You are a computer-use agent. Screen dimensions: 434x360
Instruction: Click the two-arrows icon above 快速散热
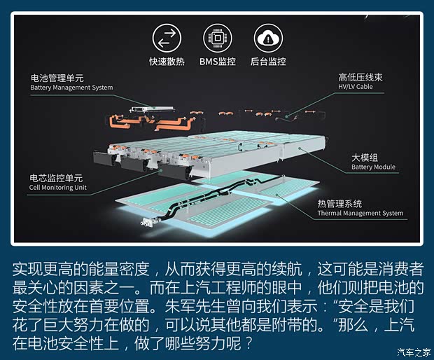click(167, 39)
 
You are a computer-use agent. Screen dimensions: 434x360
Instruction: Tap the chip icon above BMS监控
click(218, 39)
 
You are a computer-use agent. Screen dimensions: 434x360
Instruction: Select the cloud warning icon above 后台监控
click(268, 39)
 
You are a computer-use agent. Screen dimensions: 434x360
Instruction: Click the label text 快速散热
click(167, 62)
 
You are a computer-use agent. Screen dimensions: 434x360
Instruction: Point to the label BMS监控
click(218, 62)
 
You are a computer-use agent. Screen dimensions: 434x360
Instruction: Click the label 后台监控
click(268, 62)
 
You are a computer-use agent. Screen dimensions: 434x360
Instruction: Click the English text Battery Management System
click(71, 88)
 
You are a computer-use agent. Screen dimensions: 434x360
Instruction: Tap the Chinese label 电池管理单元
click(57, 78)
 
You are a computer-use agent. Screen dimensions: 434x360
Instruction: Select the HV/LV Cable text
click(356, 87)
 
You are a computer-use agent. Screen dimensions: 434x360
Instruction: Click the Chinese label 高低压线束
click(360, 77)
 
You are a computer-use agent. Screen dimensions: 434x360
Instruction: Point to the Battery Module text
click(373, 167)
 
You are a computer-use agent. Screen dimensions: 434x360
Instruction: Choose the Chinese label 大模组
click(365, 158)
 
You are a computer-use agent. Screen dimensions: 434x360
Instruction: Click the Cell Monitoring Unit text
click(58, 188)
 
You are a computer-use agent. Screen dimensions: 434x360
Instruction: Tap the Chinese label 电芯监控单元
click(56, 178)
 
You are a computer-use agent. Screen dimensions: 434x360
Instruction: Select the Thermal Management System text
click(360, 213)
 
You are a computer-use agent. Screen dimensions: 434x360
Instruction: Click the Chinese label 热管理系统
click(339, 204)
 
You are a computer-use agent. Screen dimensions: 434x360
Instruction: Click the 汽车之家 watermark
click(414, 352)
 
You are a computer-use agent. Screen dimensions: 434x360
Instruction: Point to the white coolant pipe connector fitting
click(148, 222)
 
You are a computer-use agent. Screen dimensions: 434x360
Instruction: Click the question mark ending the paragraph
click(248, 343)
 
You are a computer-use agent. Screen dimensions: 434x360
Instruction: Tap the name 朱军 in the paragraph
click(180, 306)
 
